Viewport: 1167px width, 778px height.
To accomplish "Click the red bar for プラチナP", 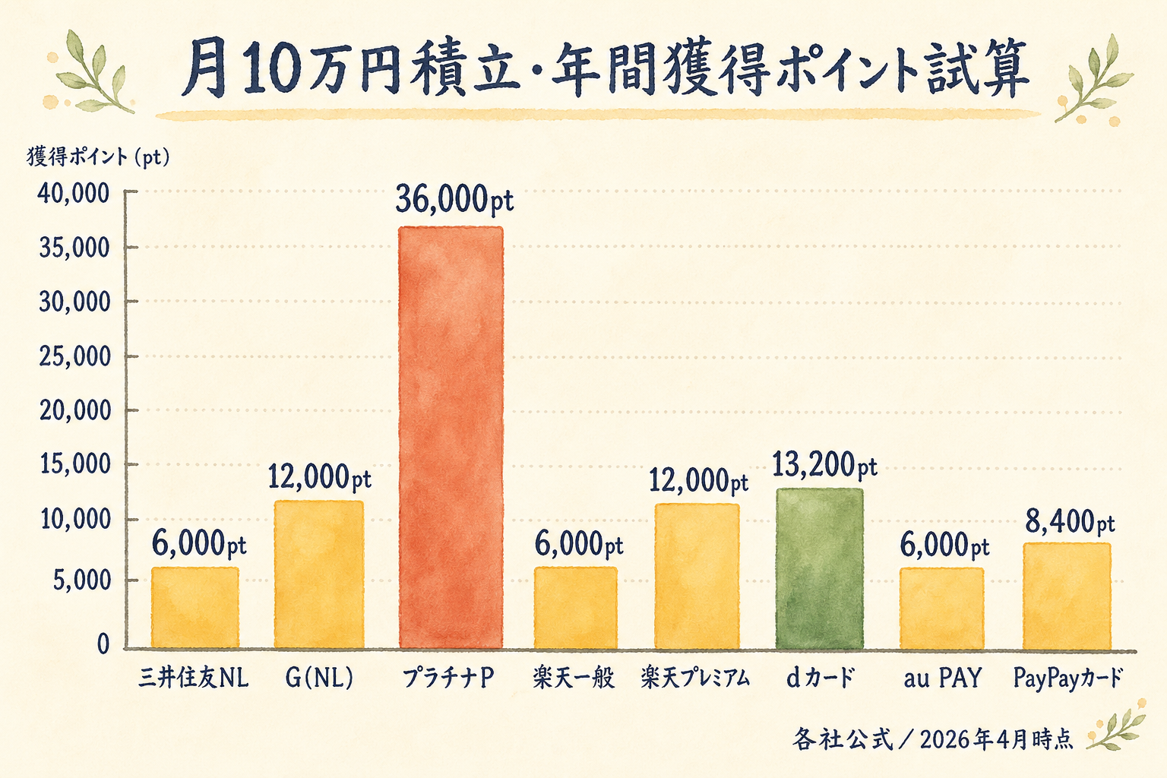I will tap(451, 437).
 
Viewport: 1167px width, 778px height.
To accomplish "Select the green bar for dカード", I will tap(819, 568).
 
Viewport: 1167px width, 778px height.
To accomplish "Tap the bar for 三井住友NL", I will tap(195, 608).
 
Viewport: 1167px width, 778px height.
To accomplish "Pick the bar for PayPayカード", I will tap(1067, 596).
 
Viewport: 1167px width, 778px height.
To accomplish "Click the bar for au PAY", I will tap(942, 608).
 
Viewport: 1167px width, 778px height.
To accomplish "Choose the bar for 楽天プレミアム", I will tap(697, 576).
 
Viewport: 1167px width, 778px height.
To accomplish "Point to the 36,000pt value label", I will tap(454, 200).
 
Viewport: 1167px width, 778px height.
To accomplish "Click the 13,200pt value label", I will tap(824, 465).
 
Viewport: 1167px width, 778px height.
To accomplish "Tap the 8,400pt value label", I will tap(1070, 522).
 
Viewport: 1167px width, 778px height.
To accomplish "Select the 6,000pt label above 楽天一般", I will tap(578, 544).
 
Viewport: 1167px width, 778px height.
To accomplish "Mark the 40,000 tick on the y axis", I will tap(74, 194).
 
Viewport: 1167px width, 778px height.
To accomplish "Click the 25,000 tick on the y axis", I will tap(74, 356).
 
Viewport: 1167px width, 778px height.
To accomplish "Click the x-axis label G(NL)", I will tap(319, 678).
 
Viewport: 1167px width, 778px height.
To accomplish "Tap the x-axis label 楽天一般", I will tap(574, 678).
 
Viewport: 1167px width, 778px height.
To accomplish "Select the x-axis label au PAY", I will tap(942, 678).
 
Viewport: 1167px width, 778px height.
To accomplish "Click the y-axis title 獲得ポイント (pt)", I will tap(99, 157).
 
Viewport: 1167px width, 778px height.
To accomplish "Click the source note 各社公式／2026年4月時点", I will tap(933, 738).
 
